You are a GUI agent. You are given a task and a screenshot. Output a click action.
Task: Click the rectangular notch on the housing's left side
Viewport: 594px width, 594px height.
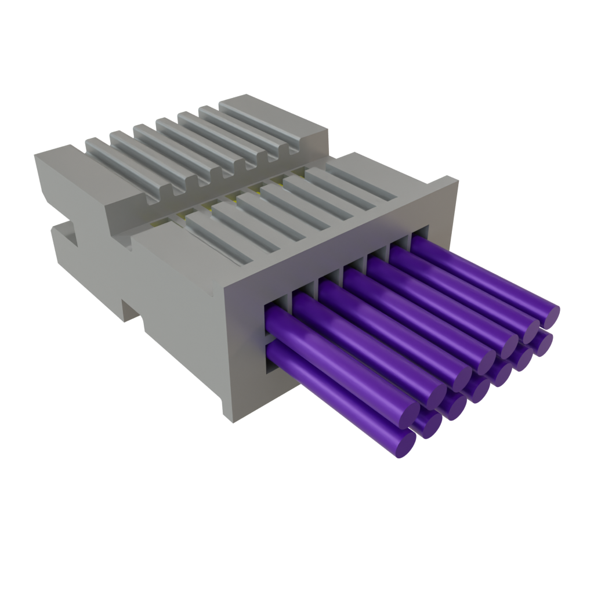coord(67,235)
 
